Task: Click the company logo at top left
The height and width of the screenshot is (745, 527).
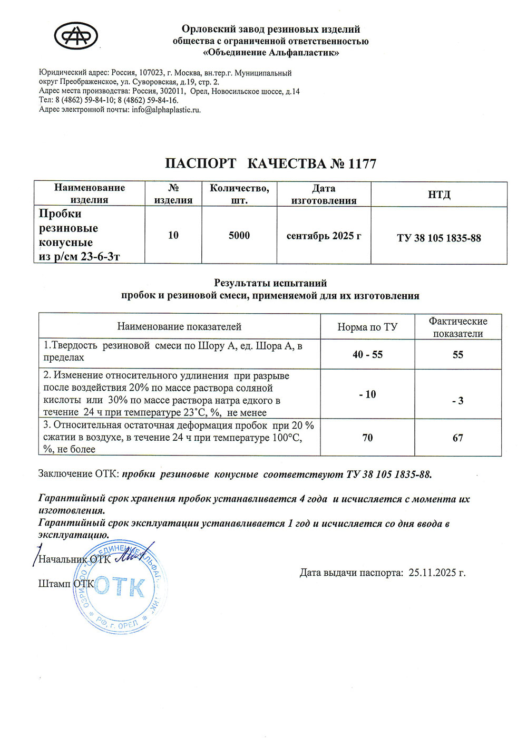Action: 76,36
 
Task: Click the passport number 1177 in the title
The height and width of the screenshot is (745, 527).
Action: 362,164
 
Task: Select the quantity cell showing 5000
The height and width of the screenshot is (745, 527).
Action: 239,235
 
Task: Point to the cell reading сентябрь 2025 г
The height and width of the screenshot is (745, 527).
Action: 324,236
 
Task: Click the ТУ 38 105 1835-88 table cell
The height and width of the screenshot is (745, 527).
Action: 439,238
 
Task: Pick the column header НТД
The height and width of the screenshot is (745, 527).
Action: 439,195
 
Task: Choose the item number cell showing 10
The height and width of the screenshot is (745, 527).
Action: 173,235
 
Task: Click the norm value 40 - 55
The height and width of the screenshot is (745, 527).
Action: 367,354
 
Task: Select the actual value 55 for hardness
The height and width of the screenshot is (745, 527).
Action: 458,354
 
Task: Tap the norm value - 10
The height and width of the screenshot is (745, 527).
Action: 367,394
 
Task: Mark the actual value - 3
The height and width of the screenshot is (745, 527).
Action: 458,401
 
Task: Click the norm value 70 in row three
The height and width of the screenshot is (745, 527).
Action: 367,438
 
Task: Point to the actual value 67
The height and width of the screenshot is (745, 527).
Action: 458,438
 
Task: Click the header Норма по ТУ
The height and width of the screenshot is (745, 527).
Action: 367,327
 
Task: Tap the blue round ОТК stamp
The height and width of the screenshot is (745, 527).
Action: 120,588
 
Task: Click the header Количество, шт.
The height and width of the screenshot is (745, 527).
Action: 239,194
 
